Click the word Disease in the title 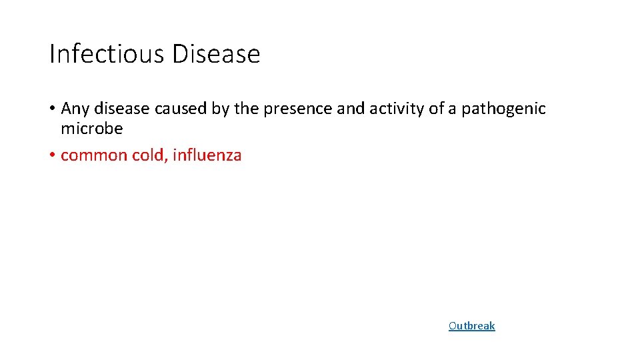pos(215,54)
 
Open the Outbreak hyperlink pos(471,326)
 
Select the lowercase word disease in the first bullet pos(119,109)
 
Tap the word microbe pos(91,129)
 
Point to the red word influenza pos(207,156)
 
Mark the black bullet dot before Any pos(52,109)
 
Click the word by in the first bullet pos(221,109)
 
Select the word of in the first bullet pos(436,109)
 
